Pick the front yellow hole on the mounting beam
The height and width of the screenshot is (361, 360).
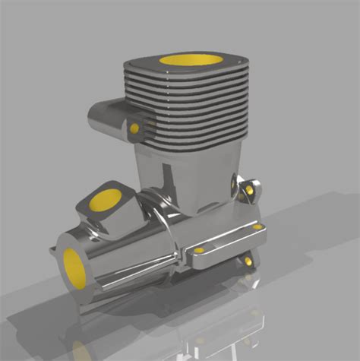click(x=200, y=250)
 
